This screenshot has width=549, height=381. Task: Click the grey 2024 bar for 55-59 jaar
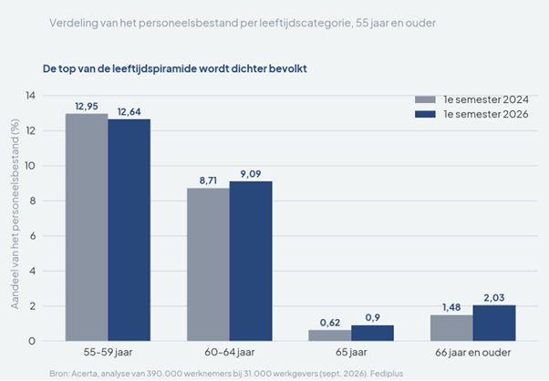[87, 227]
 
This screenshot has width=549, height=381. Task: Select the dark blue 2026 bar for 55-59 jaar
[129, 231]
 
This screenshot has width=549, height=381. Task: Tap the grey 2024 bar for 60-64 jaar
[208, 264]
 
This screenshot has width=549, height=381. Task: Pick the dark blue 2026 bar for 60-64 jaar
[251, 261]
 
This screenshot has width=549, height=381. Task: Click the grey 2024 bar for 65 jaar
[330, 335]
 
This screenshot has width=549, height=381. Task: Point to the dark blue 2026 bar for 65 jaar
[372, 333]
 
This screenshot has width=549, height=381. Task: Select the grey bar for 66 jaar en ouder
[451, 328]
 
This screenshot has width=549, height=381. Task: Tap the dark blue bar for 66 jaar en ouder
[494, 323]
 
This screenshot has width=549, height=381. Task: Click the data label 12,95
[87, 107]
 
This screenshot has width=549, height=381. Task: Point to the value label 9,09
[251, 174]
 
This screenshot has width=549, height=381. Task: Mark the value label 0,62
[330, 323]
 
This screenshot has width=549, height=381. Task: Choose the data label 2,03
[494, 298]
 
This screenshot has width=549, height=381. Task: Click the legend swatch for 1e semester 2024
[425, 99]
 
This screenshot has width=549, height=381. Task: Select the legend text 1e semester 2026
[486, 115]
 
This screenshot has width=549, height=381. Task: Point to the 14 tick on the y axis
[30, 96]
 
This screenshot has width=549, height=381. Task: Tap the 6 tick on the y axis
[33, 236]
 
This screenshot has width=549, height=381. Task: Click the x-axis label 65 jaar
[351, 353]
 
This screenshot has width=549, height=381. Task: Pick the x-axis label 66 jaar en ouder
[473, 353]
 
